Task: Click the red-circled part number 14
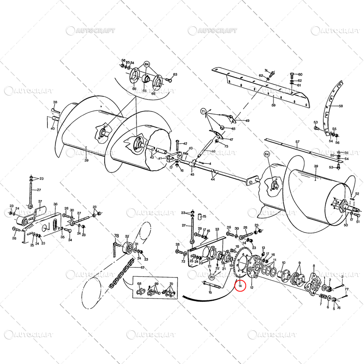click(x=240, y=286)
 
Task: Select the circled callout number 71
click(x=204, y=111)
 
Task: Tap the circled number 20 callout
click(x=212, y=277)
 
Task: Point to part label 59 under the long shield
click(x=273, y=106)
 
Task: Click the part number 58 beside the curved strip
click(x=341, y=106)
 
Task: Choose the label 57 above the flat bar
click(x=298, y=142)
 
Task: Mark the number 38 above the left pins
click(x=55, y=102)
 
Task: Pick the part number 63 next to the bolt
click(x=175, y=74)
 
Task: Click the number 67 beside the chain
click(x=142, y=268)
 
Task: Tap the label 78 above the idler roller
click(x=116, y=236)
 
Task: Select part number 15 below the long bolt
click(x=210, y=293)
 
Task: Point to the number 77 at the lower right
click(x=346, y=289)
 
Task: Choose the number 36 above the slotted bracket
click(x=56, y=204)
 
